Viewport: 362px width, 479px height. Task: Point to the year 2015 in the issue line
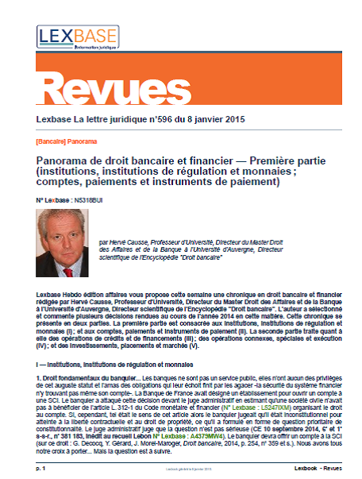point(232,119)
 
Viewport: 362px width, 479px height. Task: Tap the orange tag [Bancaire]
point(52,141)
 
